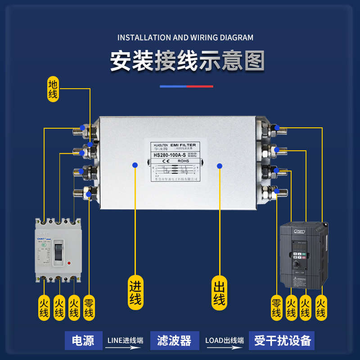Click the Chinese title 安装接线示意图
(x=187, y=62)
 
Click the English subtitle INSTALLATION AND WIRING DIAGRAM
(x=185, y=38)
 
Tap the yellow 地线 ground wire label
(x=53, y=89)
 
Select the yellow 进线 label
(x=135, y=292)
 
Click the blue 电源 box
(x=83, y=340)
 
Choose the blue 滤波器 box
(x=174, y=340)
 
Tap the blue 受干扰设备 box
(x=282, y=340)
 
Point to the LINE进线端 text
(x=125, y=340)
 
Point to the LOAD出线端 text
(x=224, y=340)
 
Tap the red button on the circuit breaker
(x=68, y=263)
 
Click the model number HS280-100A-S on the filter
(x=170, y=155)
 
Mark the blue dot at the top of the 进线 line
(x=135, y=165)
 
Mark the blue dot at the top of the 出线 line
(x=220, y=166)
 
